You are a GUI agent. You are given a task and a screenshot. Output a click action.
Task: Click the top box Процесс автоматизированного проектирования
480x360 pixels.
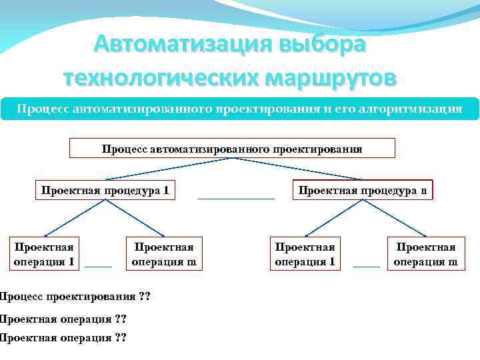232,148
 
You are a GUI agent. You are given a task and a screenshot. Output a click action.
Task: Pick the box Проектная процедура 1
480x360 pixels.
105,191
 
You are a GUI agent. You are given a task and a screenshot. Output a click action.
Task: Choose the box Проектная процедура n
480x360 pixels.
362,191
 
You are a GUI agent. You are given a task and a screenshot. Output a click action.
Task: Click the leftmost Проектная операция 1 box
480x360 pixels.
44,253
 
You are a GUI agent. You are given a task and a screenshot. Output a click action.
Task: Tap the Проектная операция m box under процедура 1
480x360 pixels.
164,253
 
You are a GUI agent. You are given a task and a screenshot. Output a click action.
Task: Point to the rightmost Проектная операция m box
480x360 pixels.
426,253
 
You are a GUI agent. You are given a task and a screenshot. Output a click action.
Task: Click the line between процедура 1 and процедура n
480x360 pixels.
236,199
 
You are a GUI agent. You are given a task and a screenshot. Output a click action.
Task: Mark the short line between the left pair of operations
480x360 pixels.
99,266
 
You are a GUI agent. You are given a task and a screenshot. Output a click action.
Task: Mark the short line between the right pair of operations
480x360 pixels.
366,266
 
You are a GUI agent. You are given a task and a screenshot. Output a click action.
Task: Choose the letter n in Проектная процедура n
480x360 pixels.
423,191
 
